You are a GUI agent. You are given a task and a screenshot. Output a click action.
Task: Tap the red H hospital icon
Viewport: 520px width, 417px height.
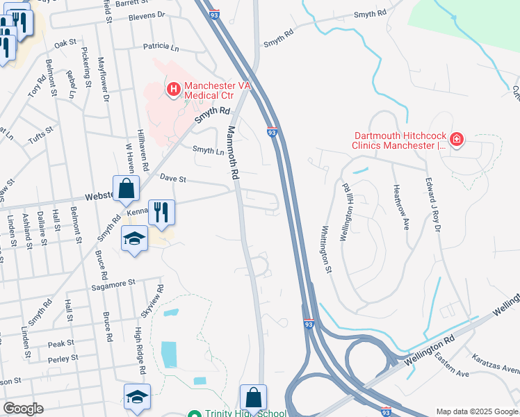[172, 89]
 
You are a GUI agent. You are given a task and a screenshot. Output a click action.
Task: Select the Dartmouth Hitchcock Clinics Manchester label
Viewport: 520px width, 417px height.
[399, 141]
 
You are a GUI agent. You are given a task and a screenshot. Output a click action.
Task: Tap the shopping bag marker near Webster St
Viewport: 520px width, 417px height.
[126, 188]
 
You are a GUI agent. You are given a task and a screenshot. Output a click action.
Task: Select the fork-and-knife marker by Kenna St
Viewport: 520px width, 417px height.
[161, 212]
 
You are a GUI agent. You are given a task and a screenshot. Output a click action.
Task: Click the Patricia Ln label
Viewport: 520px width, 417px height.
[161, 47]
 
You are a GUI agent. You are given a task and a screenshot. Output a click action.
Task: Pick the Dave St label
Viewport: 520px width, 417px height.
[174, 179]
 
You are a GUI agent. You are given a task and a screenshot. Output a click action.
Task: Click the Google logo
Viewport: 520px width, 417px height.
[24, 409]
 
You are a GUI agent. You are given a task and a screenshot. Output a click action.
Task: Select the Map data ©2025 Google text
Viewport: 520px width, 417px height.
[476, 411]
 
